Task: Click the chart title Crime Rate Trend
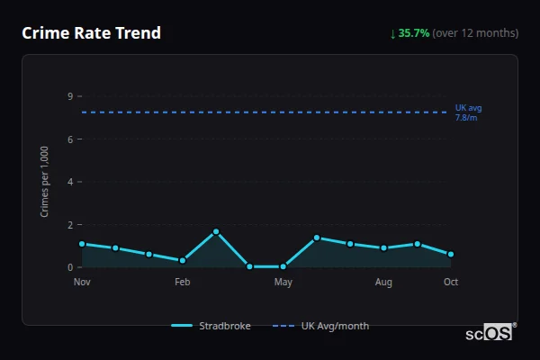(x=91, y=33)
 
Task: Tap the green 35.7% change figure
(x=414, y=33)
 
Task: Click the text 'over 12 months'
(x=475, y=33)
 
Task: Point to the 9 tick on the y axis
(x=69, y=96)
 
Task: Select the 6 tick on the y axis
(x=69, y=139)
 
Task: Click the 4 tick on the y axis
(x=69, y=182)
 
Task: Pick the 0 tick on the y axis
(x=69, y=267)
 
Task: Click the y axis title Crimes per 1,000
(x=45, y=182)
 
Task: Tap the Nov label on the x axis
(x=82, y=283)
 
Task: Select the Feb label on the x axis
(x=183, y=283)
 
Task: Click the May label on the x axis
(x=283, y=283)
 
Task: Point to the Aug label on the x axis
(x=383, y=283)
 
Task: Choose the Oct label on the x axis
(x=451, y=283)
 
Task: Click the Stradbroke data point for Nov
(x=82, y=244)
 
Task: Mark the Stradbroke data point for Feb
(x=183, y=260)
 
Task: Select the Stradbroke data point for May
(x=283, y=266)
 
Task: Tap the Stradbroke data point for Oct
(x=451, y=255)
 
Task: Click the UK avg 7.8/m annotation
(x=468, y=112)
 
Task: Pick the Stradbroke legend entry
(x=211, y=326)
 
